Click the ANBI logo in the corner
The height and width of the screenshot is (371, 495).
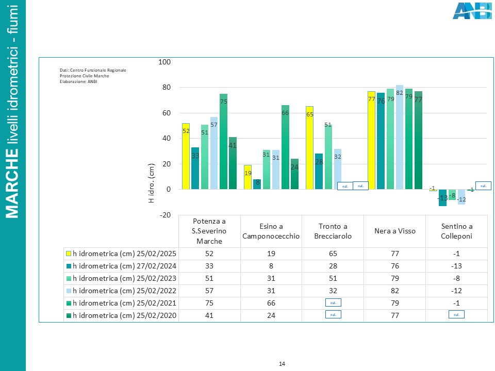[x=472, y=11]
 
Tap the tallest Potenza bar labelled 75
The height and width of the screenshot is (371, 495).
[x=224, y=142]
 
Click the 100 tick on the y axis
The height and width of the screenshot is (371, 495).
[x=164, y=62]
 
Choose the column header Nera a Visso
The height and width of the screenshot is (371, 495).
[x=394, y=231]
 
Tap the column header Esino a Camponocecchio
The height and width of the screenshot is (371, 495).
[x=271, y=231]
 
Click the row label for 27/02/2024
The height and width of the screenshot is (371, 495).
[x=124, y=266]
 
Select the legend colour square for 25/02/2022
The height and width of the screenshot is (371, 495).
[x=68, y=291]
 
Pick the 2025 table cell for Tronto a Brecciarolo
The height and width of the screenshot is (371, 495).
[x=333, y=254]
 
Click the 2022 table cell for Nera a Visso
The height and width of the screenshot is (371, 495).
[x=394, y=291]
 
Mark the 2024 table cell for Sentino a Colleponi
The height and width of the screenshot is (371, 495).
[x=456, y=266]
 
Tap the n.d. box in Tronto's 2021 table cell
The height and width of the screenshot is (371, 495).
[x=333, y=303]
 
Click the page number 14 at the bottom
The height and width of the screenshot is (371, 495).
[x=282, y=364]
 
